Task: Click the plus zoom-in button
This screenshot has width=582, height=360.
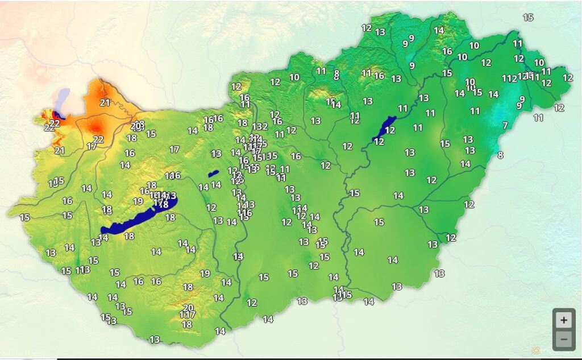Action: coord(563,320)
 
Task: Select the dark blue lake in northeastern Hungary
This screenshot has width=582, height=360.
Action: coord(384,128)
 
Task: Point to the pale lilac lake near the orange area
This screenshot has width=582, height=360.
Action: coord(63,97)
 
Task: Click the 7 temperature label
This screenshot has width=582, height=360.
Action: coord(505,125)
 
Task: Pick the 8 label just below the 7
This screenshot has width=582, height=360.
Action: coord(500,155)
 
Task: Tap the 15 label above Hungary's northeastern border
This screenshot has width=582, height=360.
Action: coord(528,18)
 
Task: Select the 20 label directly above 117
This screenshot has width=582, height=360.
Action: coord(188,308)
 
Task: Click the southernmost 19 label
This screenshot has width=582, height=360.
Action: coord(205,274)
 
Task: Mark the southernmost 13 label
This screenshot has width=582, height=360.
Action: coord(154,340)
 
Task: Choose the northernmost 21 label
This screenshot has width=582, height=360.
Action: coord(105,103)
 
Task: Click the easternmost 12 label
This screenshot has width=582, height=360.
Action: coord(567,77)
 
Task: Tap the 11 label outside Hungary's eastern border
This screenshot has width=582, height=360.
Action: coord(538,118)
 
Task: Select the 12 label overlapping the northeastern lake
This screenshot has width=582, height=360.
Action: coord(390,130)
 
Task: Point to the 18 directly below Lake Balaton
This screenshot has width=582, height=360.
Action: coord(129,236)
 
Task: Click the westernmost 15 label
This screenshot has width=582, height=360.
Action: coord(24,217)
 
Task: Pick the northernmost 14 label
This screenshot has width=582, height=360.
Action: coord(439,30)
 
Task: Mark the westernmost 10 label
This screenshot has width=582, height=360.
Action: coord(294,77)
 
